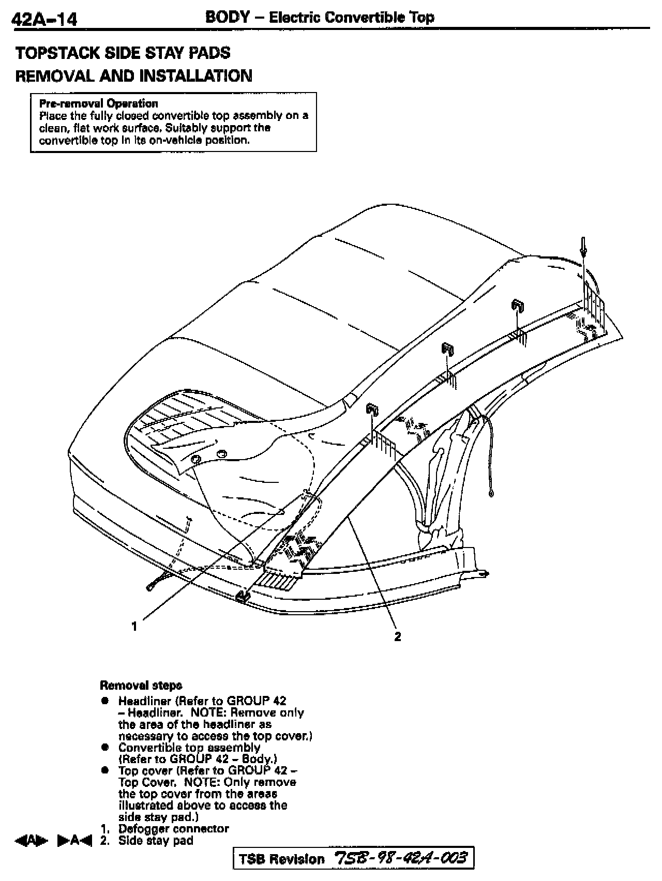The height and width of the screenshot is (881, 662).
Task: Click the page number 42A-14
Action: point(44,20)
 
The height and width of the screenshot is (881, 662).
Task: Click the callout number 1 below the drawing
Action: point(134,626)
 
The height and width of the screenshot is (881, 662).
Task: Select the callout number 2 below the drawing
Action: point(397,636)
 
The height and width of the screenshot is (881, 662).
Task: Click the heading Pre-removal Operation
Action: point(99,103)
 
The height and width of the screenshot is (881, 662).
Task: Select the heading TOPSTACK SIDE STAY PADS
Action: point(123,53)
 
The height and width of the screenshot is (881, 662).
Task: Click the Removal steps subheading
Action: point(141,686)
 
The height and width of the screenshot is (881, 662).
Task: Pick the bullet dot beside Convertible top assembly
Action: point(105,748)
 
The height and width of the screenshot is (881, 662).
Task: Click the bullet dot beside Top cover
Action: point(105,771)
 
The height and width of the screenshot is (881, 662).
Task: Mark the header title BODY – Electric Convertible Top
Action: point(320,17)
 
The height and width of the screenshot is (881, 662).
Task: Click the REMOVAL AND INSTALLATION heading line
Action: point(133,76)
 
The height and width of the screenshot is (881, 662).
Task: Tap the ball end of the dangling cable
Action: point(490,494)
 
